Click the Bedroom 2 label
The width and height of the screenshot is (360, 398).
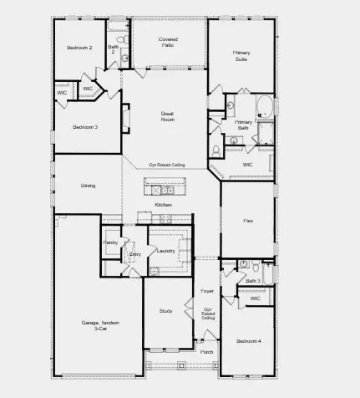79,48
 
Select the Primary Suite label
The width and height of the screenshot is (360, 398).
241,56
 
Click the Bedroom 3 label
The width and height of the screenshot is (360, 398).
85,126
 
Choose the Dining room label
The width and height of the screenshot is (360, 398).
88,186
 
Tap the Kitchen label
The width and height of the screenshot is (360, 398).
164,205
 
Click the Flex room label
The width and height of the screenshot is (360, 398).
248,221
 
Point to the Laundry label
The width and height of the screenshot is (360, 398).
165,250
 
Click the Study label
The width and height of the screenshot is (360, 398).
165,311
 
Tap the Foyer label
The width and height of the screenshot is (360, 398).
207,291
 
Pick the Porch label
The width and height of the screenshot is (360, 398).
207,352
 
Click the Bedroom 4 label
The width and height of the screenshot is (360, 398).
248,341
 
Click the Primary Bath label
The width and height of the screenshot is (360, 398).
243,125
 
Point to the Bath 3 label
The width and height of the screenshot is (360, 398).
253,281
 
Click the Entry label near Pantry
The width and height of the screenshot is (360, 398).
135,254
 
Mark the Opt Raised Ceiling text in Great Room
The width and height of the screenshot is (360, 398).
167,166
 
